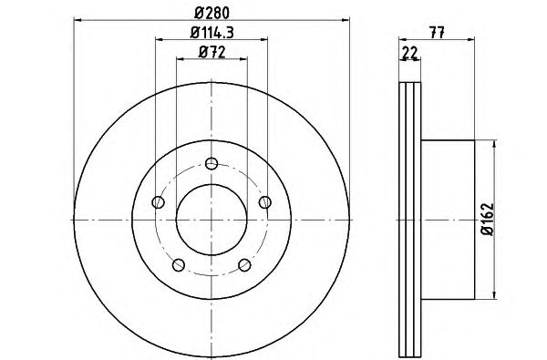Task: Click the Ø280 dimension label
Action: (x=212, y=14)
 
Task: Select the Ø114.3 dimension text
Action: (x=212, y=33)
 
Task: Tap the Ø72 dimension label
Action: (x=212, y=52)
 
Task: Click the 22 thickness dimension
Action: (x=410, y=53)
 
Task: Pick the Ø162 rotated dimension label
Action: (x=488, y=220)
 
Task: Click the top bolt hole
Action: (x=212, y=163)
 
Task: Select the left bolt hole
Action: (x=159, y=202)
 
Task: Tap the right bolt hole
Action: (x=265, y=202)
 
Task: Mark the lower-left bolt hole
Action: (x=179, y=265)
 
